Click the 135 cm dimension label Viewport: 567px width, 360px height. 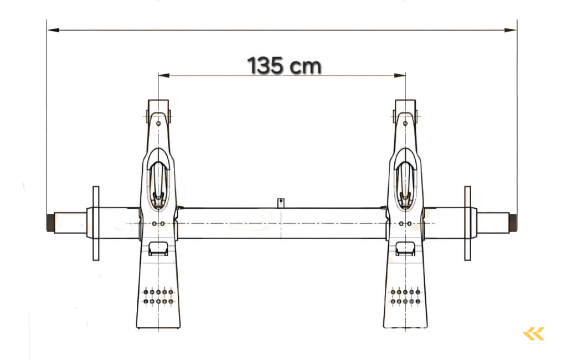pyautogui.click(x=284, y=65)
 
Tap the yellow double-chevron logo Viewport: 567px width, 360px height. pyautogui.click(x=534, y=333)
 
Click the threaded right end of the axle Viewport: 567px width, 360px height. pyautogui.click(x=513, y=223)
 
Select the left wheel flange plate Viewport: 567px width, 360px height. pyautogui.click(x=96, y=223)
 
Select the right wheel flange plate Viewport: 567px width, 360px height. pyautogui.click(x=467, y=223)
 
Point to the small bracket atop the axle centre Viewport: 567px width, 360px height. pyautogui.click(x=281, y=203)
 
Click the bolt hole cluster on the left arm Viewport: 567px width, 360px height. pyautogui.click(x=158, y=296)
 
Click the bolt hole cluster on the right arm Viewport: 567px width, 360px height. pyautogui.click(x=405, y=296)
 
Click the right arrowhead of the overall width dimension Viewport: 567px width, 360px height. pyautogui.click(x=513, y=30)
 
